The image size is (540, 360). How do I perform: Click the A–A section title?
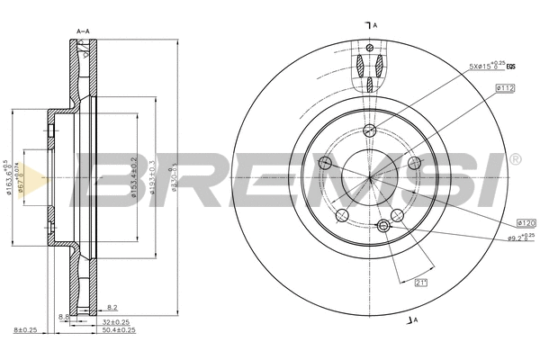coord(83,31)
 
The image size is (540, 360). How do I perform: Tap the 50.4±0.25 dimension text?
coord(120,330)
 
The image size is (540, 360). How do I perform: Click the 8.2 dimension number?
coord(112,308)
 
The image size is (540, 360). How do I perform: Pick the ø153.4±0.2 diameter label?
coord(132,176)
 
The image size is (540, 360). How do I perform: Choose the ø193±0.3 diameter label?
coord(154,175)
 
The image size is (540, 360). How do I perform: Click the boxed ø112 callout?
coord(504,87)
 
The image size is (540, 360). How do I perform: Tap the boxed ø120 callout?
coord(526,221)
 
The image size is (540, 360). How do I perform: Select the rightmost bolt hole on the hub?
coord(414,164)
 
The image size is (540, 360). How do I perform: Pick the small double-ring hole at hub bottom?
coord(383,225)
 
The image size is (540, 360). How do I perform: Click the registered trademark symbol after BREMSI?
coord(515,159)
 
